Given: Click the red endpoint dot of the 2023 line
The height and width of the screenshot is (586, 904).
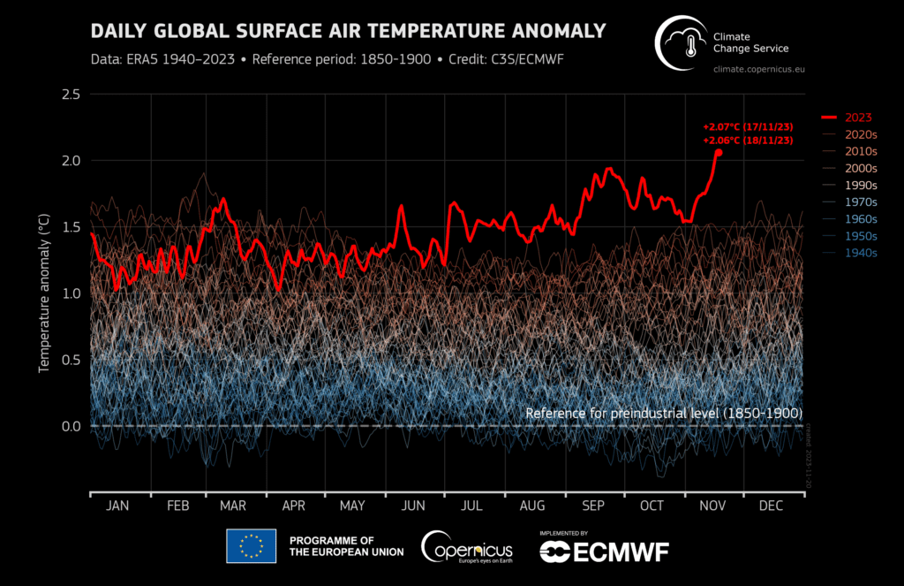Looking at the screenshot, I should point(718,152).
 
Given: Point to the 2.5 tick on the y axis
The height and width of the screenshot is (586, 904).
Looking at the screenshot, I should point(72,95).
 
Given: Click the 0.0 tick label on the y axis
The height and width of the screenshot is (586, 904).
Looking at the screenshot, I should point(72,426).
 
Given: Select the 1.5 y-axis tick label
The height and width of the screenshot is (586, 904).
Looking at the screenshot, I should point(72,227).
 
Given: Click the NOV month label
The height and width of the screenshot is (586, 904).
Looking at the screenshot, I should point(712,506).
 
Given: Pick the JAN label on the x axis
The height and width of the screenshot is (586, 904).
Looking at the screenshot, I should point(117,506).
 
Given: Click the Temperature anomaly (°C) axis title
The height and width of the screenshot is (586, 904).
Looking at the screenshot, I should point(43,293).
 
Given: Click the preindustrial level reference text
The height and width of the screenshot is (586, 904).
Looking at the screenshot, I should point(663,413).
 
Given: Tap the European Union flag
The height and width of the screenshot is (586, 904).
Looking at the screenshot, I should point(252,546).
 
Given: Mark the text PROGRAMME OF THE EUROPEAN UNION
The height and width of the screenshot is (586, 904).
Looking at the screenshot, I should point(346,546).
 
